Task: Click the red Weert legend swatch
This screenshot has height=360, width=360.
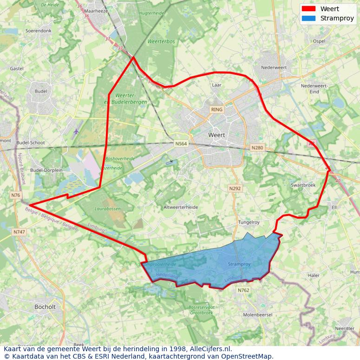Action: click(308, 9)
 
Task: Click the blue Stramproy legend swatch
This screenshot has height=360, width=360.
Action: click(308, 19)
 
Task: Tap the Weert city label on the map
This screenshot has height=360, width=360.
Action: click(216, 135)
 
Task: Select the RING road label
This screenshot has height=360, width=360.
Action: click(216, 110)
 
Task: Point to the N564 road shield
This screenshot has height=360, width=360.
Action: click(181, 144)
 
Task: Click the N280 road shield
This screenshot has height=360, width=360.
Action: click(257, 148)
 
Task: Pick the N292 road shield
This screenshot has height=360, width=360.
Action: click(235, 189)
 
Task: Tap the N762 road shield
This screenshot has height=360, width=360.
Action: click(243, 290)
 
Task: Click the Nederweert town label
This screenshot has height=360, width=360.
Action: click(274, 67)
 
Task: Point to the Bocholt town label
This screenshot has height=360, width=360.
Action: click(45, 307)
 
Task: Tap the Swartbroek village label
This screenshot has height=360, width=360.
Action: click(303, 185)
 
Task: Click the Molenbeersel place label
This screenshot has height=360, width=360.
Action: click(258, 314)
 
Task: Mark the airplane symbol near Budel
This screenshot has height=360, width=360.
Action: click(76, 131)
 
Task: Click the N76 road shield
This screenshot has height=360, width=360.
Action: click(16, 196)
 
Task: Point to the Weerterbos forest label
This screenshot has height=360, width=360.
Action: click(161, 41)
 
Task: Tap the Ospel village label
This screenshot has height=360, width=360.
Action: click(319, 41)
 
